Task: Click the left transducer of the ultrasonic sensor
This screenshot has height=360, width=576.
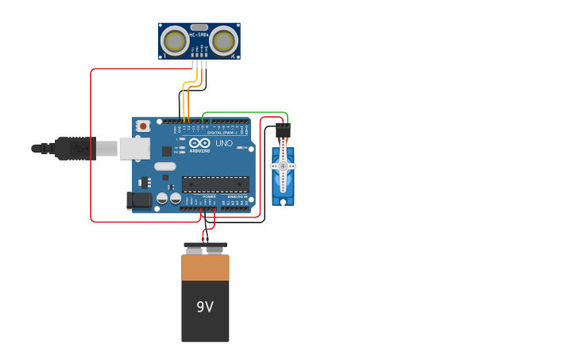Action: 174,41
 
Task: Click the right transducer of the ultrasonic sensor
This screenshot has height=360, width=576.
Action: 224,41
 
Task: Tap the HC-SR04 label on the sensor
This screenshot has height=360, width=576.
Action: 199,35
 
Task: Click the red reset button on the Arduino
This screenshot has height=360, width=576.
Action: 143,126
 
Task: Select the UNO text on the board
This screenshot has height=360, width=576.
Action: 224,143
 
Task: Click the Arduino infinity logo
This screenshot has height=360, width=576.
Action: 199,143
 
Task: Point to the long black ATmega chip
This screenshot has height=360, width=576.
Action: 215,184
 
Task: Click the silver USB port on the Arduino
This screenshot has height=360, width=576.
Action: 134,148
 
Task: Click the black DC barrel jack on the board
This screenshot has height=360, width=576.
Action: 139,201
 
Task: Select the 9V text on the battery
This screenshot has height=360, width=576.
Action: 205,307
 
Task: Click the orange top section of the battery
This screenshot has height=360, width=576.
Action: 205,267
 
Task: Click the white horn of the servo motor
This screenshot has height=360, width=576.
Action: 283,166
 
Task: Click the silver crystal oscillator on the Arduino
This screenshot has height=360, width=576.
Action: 165,166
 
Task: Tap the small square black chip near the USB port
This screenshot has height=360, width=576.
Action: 167,151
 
